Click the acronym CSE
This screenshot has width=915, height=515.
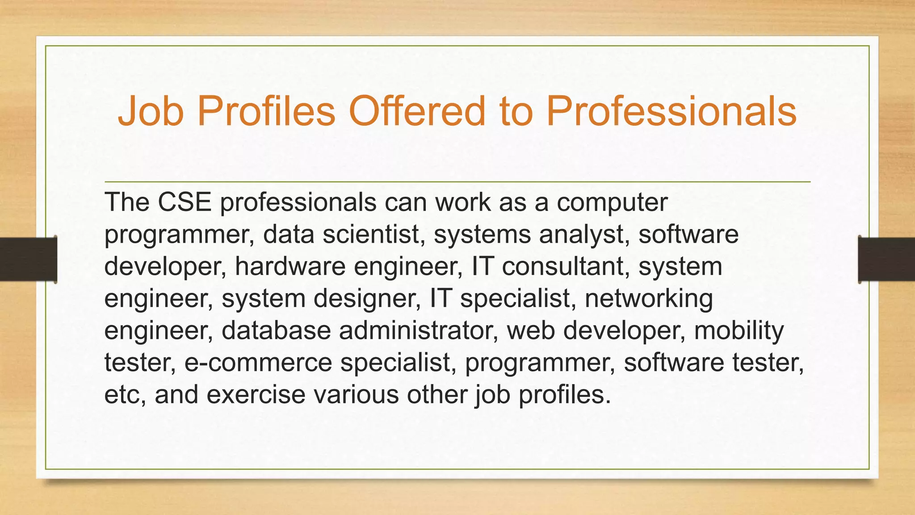pyautogui.click(x=184, y=202)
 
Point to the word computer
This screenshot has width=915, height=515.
pyautogui.click(x=612, y=202)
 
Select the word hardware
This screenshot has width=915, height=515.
pyautogui.click(x=290, y=266)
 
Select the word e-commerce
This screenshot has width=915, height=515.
pyautogui.click(x=258, y=363)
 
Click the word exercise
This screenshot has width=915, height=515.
pyautogui.click(x=256, y=395)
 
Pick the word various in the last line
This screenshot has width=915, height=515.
pyautogui.click(x=356, y=395)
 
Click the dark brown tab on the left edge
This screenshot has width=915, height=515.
pyautogui.click(x=28, y=259)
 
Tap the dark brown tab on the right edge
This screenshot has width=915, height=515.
pyautogui.click(x=886, y=259)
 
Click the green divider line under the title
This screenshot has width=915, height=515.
pyautogui.click(x=457, y=182)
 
